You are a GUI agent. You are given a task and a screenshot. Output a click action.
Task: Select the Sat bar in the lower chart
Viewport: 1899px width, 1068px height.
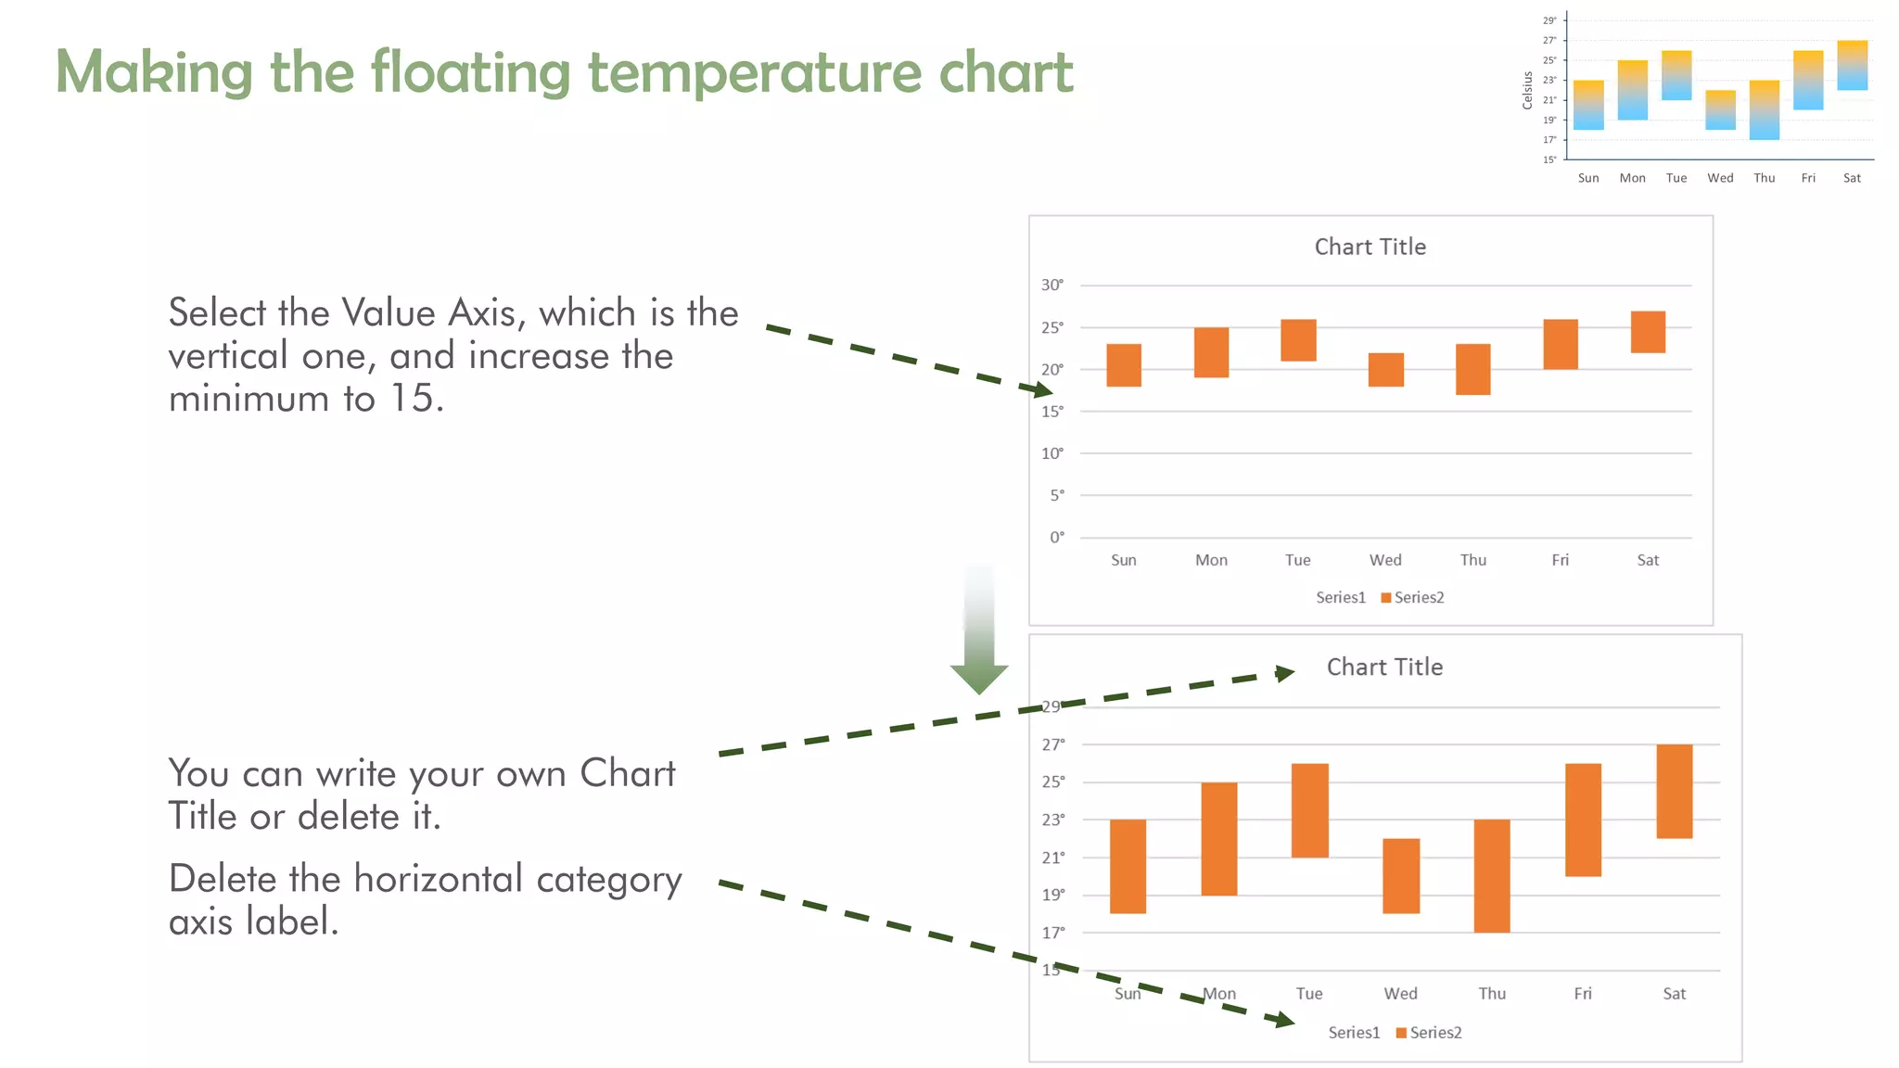pos(1674,791)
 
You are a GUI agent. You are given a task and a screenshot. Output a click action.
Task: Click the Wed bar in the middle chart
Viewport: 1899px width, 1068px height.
pos(1385,369)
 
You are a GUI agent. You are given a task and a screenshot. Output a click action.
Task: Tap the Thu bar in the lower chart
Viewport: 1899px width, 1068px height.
pos(1491,875)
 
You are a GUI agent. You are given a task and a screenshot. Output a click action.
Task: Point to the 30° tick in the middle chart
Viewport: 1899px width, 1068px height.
pos(1051,285)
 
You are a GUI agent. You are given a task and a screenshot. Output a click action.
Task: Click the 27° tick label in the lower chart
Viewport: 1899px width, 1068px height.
pos(1052,744)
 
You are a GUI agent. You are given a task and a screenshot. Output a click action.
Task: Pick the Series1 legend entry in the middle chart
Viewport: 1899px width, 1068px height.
pos(1340,597)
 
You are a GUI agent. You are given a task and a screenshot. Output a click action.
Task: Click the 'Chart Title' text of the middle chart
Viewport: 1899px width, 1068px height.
pos(1370,247)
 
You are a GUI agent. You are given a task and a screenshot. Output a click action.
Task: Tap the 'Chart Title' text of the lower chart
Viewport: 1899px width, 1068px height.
pos(1383,667)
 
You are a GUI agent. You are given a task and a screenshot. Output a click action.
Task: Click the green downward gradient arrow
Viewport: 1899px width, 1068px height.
pos(979,640)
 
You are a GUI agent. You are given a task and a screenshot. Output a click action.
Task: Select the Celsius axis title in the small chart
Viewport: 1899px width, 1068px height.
pos(1527,91)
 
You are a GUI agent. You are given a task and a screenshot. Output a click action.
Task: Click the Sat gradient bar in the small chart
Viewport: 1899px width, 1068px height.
pos(1852,65)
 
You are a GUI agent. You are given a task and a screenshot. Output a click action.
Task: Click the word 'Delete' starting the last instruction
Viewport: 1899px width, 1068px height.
pos(222,878)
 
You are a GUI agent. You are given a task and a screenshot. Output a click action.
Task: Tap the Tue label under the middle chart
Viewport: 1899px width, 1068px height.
pos(1297,560)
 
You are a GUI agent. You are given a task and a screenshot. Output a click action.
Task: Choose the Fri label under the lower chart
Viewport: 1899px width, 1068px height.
pos(1582,993)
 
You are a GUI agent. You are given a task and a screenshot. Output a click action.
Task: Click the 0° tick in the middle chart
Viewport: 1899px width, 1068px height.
pos(1056,537)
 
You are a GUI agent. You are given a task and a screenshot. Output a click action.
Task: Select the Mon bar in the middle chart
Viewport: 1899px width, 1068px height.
pos(1211,352)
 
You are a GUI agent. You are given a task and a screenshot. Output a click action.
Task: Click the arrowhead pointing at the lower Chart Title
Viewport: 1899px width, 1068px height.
pos(1285,672)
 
